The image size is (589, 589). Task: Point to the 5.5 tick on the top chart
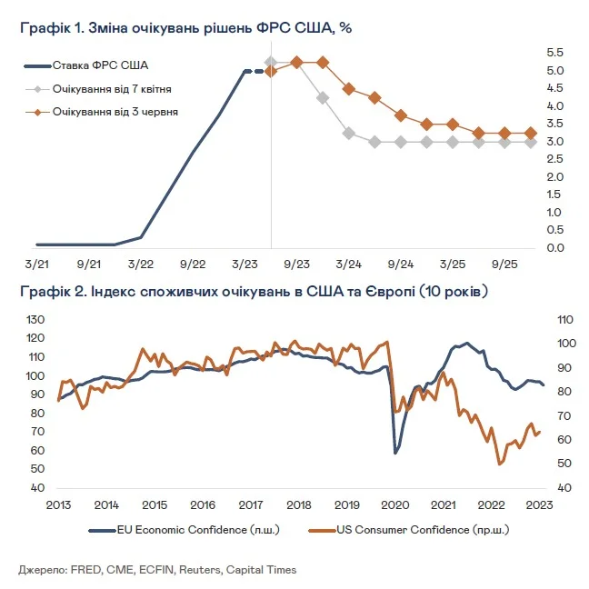[555, 53]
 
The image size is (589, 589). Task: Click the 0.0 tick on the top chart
[555, 248]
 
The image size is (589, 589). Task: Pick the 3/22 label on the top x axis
[140, 263]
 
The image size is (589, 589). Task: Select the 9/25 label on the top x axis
[504, 263]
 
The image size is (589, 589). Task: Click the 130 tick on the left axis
[35, 320]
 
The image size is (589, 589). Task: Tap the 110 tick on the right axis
[564, 320]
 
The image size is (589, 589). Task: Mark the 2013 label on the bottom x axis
[58, 505]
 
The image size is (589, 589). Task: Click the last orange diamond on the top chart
[531, 133]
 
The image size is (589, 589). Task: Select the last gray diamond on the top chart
[531, 142]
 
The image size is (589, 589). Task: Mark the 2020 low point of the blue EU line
[395, 453]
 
